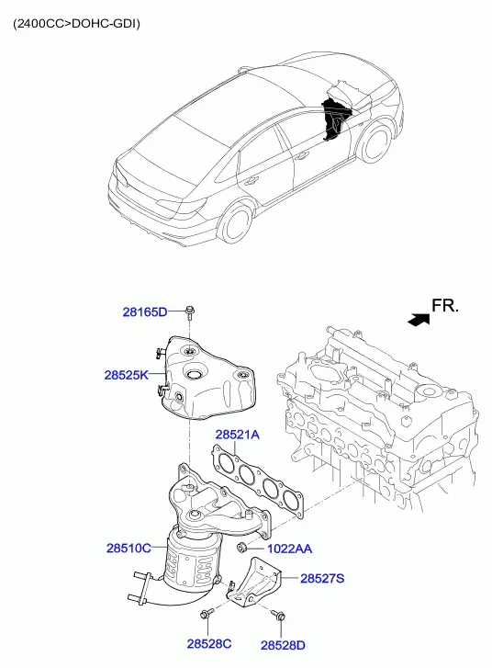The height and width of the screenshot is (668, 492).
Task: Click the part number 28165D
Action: (x=145, y=311)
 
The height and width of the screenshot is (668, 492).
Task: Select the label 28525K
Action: (x=127, y=375)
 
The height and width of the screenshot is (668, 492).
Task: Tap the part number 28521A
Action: (x=237, y=435)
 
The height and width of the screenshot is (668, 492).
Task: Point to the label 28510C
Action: (x=129, y=548)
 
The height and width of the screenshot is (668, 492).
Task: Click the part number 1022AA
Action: (x=289, y=549)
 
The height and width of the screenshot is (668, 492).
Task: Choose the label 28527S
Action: (x=322, y=579)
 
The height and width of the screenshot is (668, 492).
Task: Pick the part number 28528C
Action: (x=209, y=644)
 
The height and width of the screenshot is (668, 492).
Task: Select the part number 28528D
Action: (x=283, y=645)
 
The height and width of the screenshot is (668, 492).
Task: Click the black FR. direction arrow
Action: (x=419, y=320)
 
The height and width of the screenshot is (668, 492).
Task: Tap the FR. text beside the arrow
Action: (x=445, y=305)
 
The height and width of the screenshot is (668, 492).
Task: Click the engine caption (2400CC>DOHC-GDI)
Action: (x=76, y=24)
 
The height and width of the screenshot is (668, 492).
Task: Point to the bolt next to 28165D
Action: (x=190, y=313)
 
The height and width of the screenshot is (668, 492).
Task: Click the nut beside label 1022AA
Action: (x=242, y=547)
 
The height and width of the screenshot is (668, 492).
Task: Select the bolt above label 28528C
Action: (x=207, y=614)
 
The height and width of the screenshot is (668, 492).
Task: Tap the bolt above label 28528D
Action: (x=278, y=615)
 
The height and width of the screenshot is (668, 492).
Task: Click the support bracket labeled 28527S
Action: (x=254, y=582)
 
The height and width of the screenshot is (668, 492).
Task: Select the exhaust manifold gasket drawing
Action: (x=258, y=481)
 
